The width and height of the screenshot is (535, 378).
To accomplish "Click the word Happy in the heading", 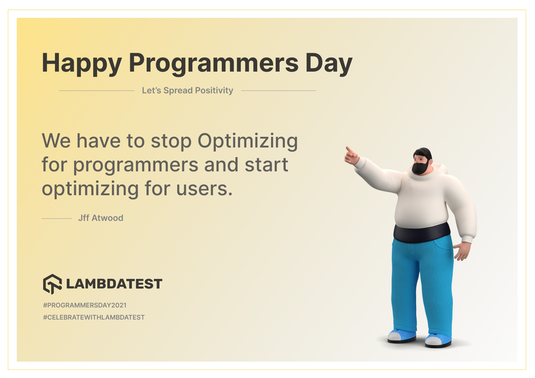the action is point(82,64).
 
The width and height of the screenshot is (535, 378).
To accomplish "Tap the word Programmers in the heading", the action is point(214,64).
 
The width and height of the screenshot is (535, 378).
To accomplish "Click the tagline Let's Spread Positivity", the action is point(188,90).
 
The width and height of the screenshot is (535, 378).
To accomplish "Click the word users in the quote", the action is point(204,189).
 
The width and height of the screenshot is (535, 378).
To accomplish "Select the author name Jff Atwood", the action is point(101,218).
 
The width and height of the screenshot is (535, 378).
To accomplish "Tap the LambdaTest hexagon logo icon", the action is point(52,284).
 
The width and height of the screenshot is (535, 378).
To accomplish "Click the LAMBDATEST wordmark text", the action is point(114,284).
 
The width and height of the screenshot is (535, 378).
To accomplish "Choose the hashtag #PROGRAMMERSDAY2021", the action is point(85,305).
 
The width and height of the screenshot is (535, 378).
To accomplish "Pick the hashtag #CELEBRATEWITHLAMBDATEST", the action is point(94,317).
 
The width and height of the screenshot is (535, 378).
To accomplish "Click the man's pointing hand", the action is point(351,156).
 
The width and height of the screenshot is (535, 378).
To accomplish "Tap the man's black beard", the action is point(421,167).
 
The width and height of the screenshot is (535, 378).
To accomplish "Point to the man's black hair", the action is point(423,153).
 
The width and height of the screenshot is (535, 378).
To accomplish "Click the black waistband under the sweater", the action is point(422,233).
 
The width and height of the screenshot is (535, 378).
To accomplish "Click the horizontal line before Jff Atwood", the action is point(57,218).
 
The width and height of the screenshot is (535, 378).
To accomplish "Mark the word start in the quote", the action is point(266,165).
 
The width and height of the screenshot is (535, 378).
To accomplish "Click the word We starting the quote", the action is point(56,141).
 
